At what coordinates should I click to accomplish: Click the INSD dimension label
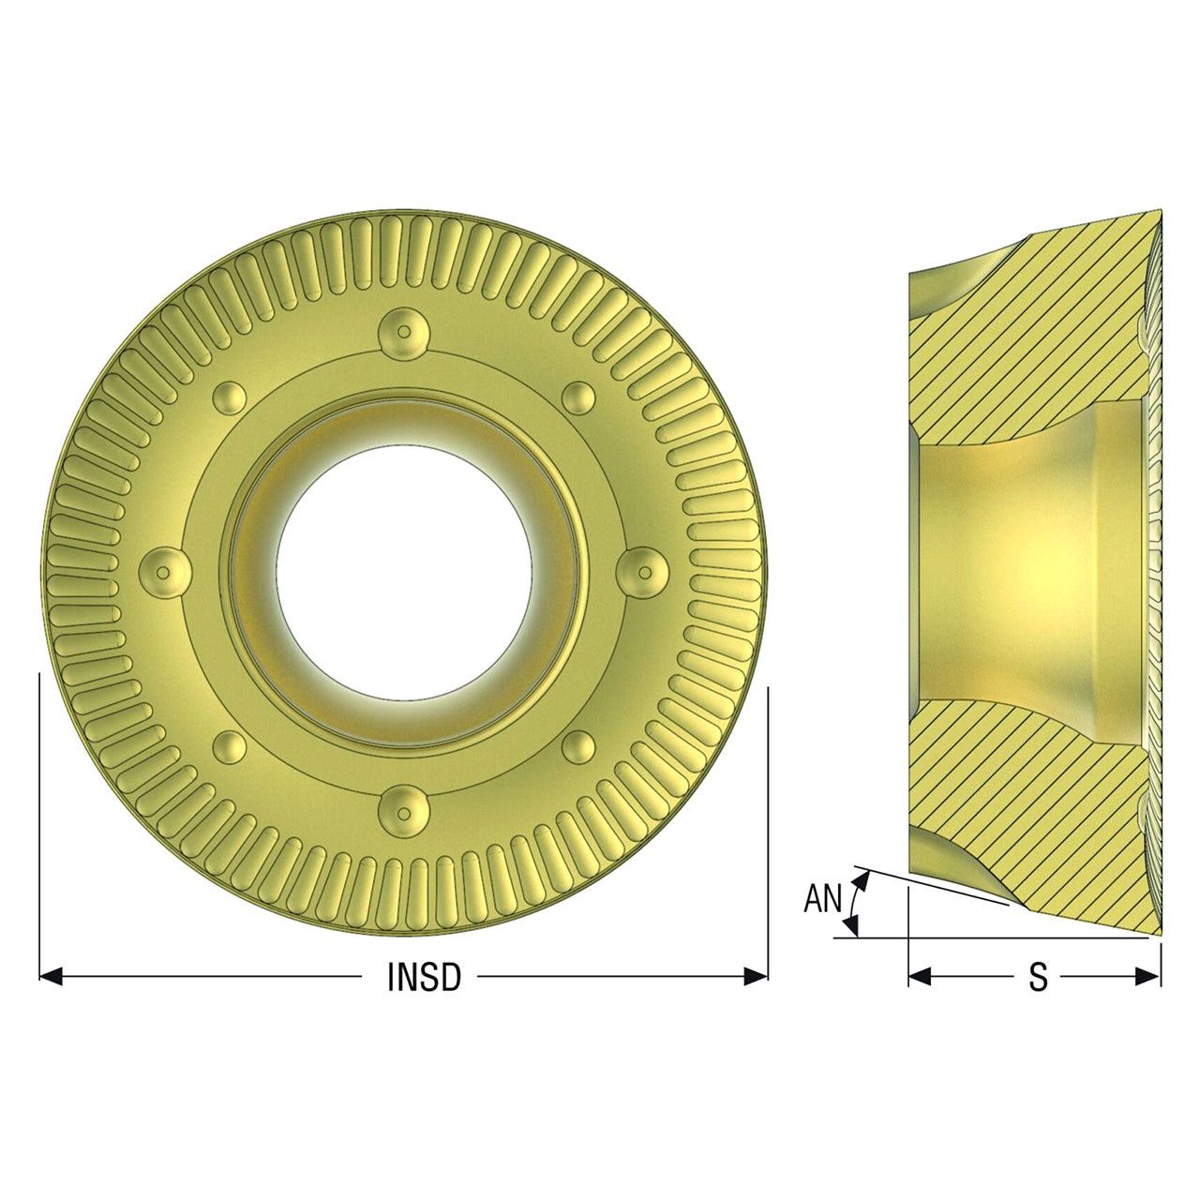point(424,977)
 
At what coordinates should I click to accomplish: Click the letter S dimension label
point(1038,977)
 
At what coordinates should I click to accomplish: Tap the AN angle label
point(822,899)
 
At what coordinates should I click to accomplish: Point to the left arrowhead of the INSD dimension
point(51,977)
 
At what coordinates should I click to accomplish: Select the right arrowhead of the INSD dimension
point(756,977)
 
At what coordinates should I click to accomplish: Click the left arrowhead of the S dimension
point(920,977)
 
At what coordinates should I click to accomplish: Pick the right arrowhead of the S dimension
point(1149,977)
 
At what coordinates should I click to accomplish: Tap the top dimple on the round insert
point(404,333)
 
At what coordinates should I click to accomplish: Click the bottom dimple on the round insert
point(404,812)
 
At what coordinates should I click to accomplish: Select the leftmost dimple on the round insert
point(164,572)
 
